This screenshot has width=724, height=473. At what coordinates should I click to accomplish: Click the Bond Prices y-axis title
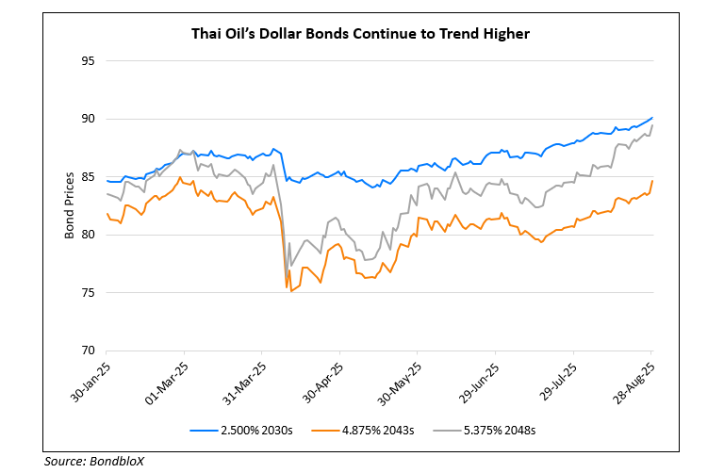[x=70, y=205]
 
